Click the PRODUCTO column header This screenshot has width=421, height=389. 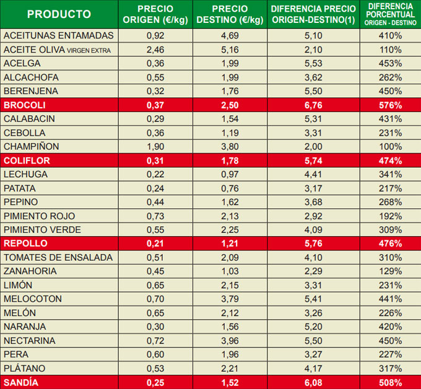pos(59,14)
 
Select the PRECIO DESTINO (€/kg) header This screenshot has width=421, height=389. pos(230,14)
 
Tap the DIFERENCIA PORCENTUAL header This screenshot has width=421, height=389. pos(390,14)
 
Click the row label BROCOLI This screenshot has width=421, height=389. pos(20,105)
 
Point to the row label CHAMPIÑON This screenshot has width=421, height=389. pos(31,147)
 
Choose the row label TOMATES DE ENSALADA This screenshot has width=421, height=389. pos(58,258)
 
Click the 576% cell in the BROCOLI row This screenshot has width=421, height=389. pos(390,105)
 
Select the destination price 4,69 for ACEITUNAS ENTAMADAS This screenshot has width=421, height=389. pos(230,35)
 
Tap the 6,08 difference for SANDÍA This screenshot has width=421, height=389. pos(313,382)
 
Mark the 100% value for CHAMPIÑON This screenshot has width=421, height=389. pos(390,147)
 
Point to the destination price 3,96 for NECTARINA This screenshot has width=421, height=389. pos(230,341)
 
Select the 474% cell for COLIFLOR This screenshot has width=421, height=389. pos(390,160)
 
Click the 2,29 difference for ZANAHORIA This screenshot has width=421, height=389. pos(313,271)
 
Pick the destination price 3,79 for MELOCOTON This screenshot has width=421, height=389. pos(230,299)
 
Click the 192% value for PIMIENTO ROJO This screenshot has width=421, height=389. pos(390,216)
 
